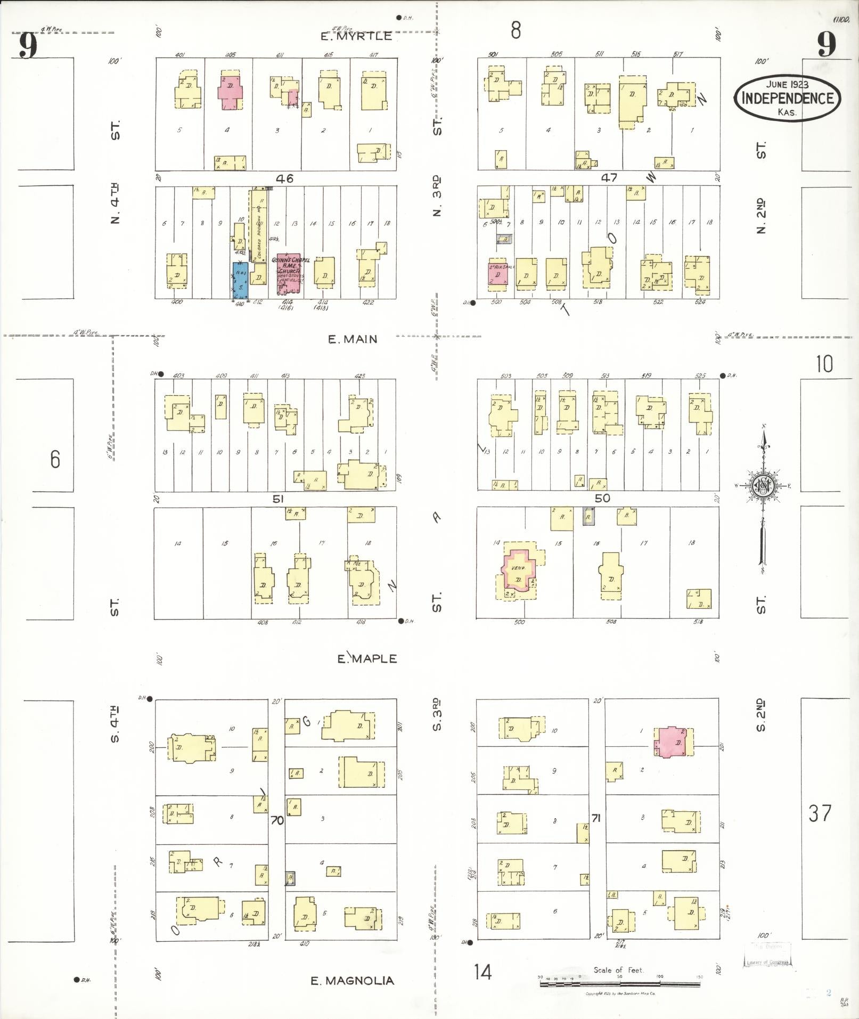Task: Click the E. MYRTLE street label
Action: (357, 36)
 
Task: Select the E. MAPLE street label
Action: (367, 658)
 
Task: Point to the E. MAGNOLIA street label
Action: (353, 981)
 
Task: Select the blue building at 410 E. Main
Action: (240, 280)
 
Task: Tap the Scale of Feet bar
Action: (620, 984)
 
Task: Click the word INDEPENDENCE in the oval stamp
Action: (787, 98)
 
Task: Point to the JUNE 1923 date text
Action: (787, 84)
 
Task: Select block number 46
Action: (284, 178)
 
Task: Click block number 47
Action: (609, 178)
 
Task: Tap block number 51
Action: (277, 499)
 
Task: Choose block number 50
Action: (602, 499)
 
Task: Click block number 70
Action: (277, 820)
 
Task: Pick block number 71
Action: (596, 818)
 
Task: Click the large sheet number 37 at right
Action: (820, 813)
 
